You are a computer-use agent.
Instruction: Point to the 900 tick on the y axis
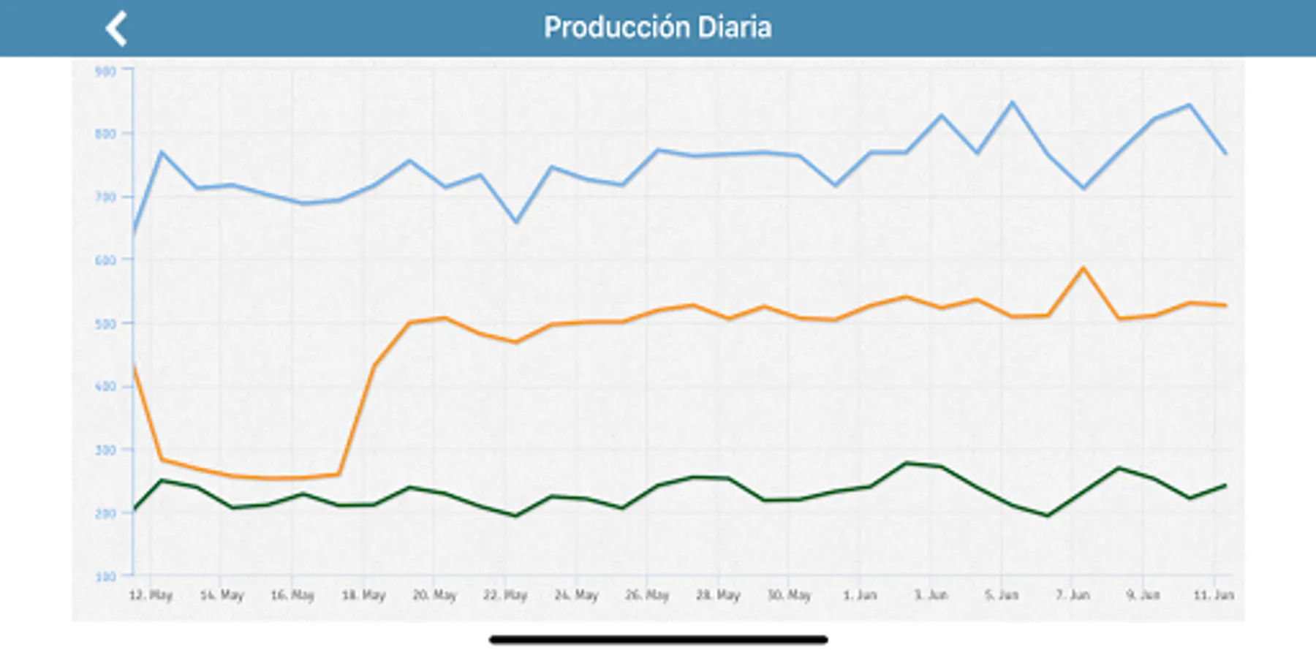tap(106, 71)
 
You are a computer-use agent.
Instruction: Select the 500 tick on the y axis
tap(106, 323)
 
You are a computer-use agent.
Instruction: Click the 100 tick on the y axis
tap(106, 576)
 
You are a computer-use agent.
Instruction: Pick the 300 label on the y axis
tap(106, 450)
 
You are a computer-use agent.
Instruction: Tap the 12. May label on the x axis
tap(151, 595)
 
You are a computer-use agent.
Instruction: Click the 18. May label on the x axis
tap(363, 595)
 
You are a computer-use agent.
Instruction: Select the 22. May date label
tap(505, 595)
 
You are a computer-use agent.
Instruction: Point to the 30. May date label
tap(789, 595)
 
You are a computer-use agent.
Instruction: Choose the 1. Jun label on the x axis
tap(860, 595)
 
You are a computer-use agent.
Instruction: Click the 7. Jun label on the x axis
tap(1073, 595)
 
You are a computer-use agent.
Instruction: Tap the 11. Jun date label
tap(1214, 595)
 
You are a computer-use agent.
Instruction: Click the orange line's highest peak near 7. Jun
tap(1084, 268)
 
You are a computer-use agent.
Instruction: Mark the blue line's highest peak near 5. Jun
tap(1013, 102)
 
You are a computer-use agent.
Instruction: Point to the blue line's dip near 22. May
tap(516, 222)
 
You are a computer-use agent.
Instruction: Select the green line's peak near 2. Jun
tap(907, 463)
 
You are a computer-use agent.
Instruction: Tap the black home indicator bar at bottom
tap(658, 640)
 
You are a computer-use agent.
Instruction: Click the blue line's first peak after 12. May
tap(161, 151)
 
